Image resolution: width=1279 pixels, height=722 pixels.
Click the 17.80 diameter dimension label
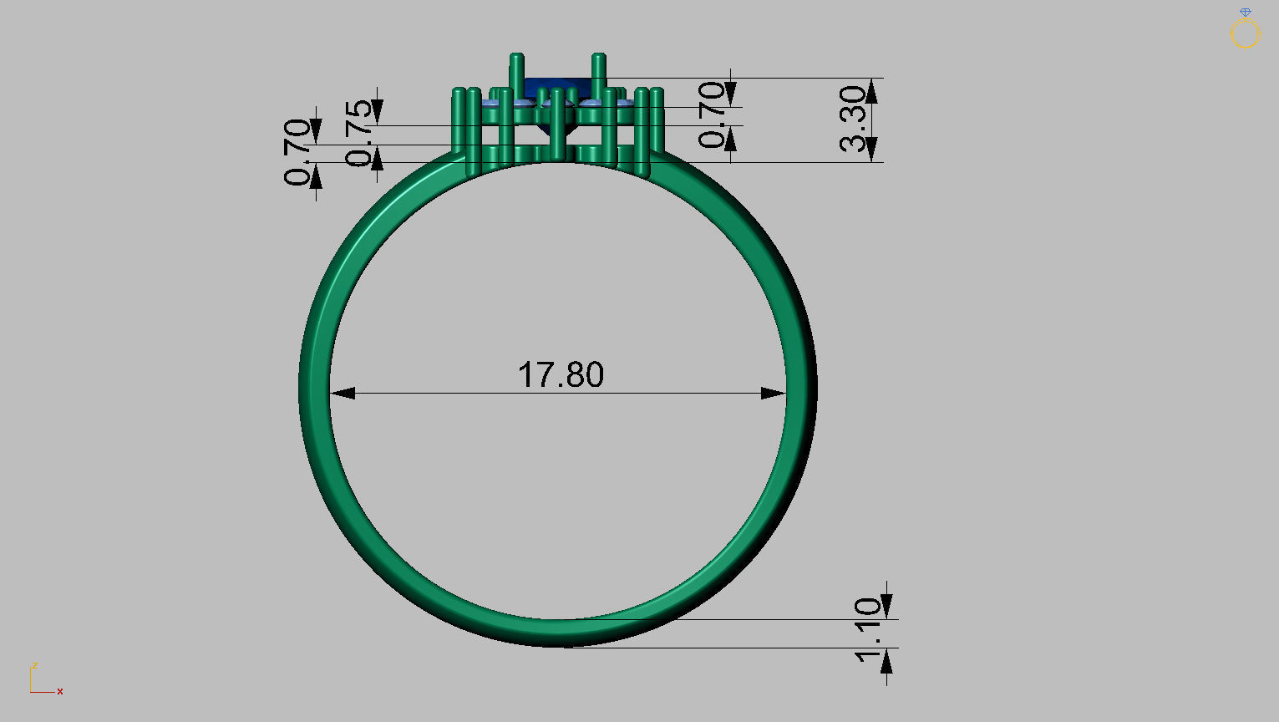pyautogui.click(x=561, y=375)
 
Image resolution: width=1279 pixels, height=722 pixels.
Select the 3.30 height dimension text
pyautogui.click(x=853, y=119)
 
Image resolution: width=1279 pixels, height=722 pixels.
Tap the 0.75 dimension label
pyautogui.click(x=359, y=133)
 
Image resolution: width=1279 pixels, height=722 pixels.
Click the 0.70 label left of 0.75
pyautogui.click(x=297, y=151)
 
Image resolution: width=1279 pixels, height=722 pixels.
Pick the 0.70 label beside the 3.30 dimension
pyautogui.click(x=713, y=114)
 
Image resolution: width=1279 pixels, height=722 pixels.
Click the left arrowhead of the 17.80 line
pyautogui.click(x=343, y=393)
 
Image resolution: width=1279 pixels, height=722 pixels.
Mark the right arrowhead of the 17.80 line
pyautogui.click(x=774, y=393)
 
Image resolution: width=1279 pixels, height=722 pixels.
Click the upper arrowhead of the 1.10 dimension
pyautogui.click(x=886, y=608)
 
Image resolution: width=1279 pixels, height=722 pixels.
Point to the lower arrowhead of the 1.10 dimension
pyautogui.click(x=886, y=660)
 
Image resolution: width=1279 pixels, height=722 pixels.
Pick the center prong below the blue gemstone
pyautogui.click(x=557, y=125)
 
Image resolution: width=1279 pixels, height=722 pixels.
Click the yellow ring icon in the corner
pyautogui.click(x=1245, y=34)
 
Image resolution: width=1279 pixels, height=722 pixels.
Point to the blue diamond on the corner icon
pyautogui.click(x=1246, y=13)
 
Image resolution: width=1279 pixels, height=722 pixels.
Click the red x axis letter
pyautogui.click(x=60, y=692)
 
